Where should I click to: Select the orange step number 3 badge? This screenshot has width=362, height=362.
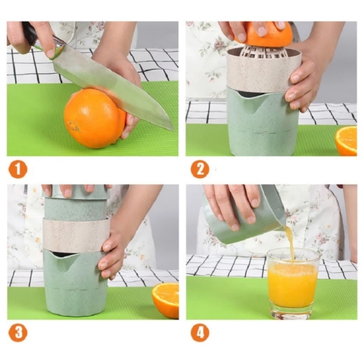pos(17,332)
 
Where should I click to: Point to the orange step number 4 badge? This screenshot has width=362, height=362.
pos(199,332)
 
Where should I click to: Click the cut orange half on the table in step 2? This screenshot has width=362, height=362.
pos(346,140)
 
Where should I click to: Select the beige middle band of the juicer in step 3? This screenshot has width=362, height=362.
pos(75,234)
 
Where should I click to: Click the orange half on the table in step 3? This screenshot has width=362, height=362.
pos(166,300)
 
